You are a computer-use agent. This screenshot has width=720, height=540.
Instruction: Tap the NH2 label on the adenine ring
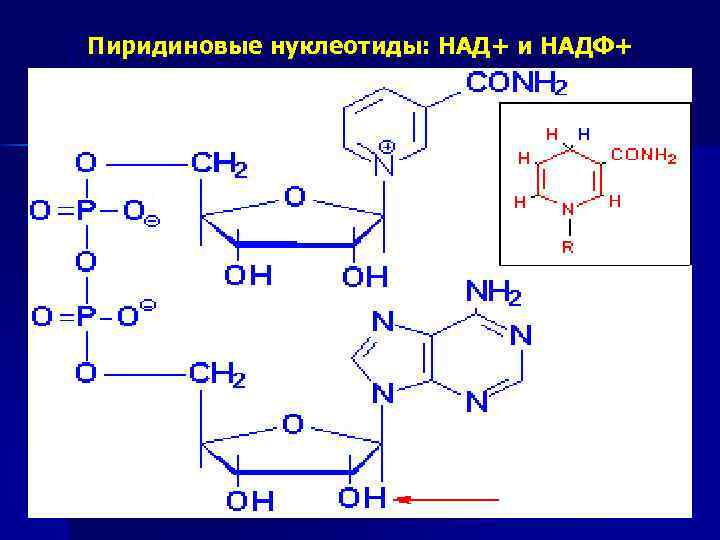(493, 293)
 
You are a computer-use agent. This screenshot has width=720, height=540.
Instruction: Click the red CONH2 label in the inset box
(644, 156)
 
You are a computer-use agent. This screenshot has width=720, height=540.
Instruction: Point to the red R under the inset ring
(567, 247)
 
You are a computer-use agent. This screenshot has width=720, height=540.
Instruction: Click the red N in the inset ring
(567, 210)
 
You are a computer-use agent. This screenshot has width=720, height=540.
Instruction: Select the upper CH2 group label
(218, 163)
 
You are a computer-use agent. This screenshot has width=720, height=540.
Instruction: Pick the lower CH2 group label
(218, 376)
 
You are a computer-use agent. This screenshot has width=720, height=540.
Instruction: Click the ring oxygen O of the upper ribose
(294, 197)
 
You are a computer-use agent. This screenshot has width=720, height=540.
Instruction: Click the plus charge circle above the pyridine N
(387, 146)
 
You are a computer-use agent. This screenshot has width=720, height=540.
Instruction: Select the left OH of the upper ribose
(247, 276)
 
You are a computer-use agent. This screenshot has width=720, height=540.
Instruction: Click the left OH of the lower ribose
(249, 499)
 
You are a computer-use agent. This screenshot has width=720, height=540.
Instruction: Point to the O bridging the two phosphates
(86, 264)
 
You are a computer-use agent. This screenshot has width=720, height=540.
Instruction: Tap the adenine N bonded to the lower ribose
(382, 395)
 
